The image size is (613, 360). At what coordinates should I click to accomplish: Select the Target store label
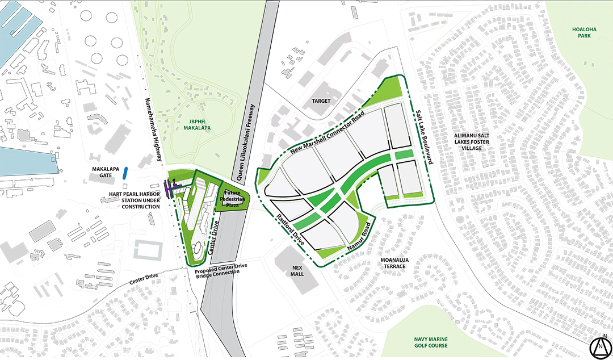click(x=321, y=101)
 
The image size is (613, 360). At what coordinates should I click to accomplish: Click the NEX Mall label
click(x=297, y=270)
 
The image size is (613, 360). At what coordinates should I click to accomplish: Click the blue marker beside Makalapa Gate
click(x=124, y=173)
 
